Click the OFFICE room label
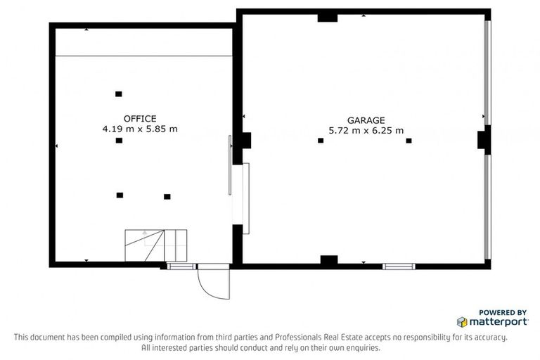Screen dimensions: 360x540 (x=140, y=119)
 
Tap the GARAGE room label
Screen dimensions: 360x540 (x=366, y=120)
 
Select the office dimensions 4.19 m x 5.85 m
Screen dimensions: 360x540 (x=140, y=129)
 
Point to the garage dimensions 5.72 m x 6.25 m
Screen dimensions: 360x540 (x=366, y=130)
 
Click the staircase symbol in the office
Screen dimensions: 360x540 (x=156, y=245)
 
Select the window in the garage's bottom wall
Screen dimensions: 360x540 (x=399, y=266)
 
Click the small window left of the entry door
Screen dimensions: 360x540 (x=181, y=266)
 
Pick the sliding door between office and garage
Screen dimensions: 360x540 (x=230, y=166)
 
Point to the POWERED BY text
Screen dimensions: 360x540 (x=502, y=312)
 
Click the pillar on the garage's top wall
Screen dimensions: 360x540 (x=328, y=17)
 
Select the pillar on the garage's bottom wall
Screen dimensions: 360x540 (x=329, y=261)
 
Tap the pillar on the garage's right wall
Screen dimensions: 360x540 (x=483, y=139)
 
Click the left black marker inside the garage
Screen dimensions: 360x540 (x=321, y=141)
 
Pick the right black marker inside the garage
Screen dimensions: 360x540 (x=409, y=141)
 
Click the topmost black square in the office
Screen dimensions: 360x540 (x=118, y=94)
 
